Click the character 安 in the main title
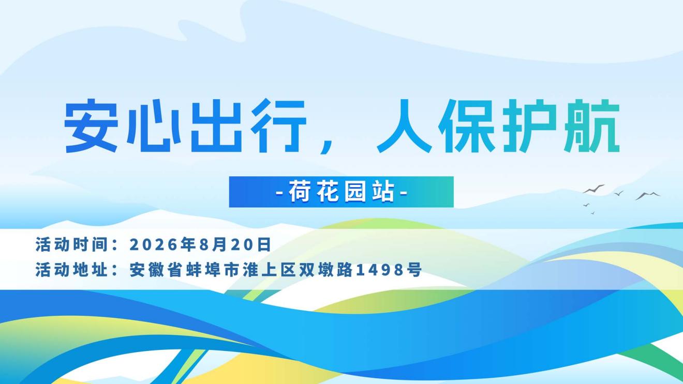(x=91, y=126)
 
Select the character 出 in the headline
(x=216, y=126)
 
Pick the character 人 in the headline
(x=405, y=126)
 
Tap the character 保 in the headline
(x=467, y=126)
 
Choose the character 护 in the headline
(x=529, y=126)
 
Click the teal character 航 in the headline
(x=592, y=126)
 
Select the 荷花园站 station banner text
(x=341, y=192)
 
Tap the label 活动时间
(x=71, y=244)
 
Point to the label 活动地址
(x=71, y=270)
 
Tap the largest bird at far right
(x=648, y=196)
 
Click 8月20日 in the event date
(x=235, y=245)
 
